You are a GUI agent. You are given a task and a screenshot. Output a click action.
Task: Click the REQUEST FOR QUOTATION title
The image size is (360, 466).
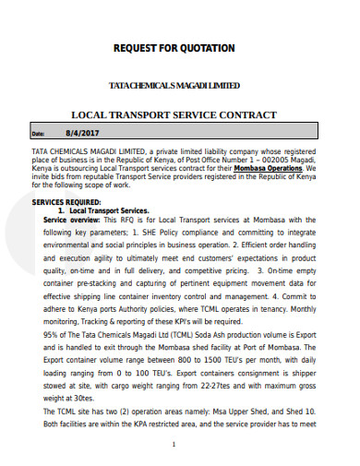point(174,47)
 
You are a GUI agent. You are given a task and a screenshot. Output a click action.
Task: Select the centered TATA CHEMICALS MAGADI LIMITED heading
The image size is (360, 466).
point(174,85)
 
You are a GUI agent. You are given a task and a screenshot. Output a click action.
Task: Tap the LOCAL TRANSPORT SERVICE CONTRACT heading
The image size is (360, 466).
point(174,115)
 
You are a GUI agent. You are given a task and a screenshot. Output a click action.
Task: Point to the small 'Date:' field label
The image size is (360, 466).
point(38,134)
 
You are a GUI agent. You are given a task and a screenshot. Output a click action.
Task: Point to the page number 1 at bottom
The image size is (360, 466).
point(174,444)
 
